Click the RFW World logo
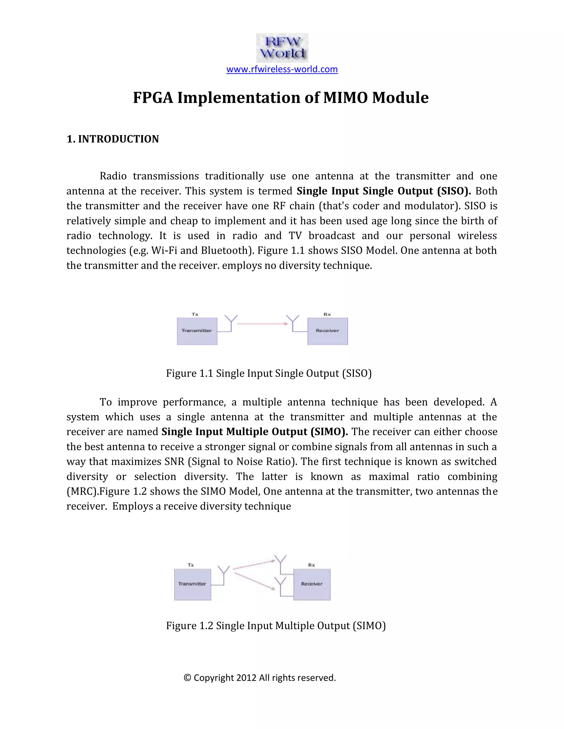(282, 48)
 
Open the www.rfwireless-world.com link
(282, 69)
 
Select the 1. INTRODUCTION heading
(113, 139)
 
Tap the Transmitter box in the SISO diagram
(197, 331)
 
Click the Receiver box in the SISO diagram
(327, 331)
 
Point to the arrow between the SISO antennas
(262, 324)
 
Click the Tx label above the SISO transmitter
(195, 314)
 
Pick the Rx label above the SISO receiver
(327, 314)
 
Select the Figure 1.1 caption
(269, 373)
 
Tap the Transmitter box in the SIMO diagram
(192, 584)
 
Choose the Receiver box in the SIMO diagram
(312, 584)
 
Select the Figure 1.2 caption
(276, 626)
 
